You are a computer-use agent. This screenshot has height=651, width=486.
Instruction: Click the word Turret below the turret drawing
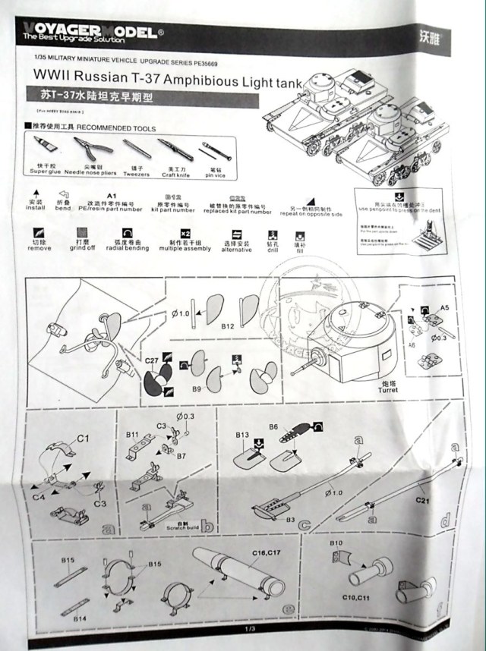coord(387,391)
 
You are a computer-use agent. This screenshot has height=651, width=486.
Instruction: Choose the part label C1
coord(84,438)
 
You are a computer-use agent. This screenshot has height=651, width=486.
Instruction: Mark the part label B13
coord(242,433)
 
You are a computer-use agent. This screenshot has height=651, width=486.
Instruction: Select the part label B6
coord(273,426)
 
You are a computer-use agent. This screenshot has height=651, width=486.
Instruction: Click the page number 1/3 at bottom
coord(249,629)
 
